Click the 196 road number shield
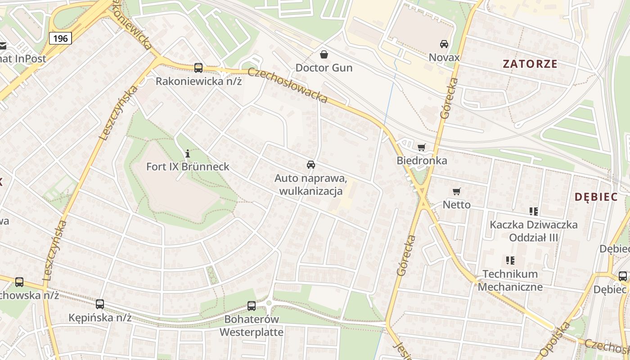click(60, 38)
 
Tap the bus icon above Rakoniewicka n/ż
click(198, 68)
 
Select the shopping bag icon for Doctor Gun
click(324, 54)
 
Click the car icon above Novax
click(444, 44)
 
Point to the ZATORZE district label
click(530, 64)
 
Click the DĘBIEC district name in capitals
click(596, 197)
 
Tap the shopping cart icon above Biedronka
click(422, 147)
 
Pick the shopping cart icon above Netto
click(457, 191)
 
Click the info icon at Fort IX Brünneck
click(188, 153)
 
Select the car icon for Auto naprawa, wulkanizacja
click(311, 165)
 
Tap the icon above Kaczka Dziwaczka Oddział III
click(534, 211)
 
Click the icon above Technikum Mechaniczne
click(510, 260)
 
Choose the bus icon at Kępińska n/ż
click(100, 304)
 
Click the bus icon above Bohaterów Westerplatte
click(252, 306)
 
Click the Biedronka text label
click(422, 161)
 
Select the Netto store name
click(457, 205)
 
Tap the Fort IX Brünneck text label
click(188, 166)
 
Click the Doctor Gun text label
click(324, 68)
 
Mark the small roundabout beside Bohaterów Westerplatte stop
click(269, 304)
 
